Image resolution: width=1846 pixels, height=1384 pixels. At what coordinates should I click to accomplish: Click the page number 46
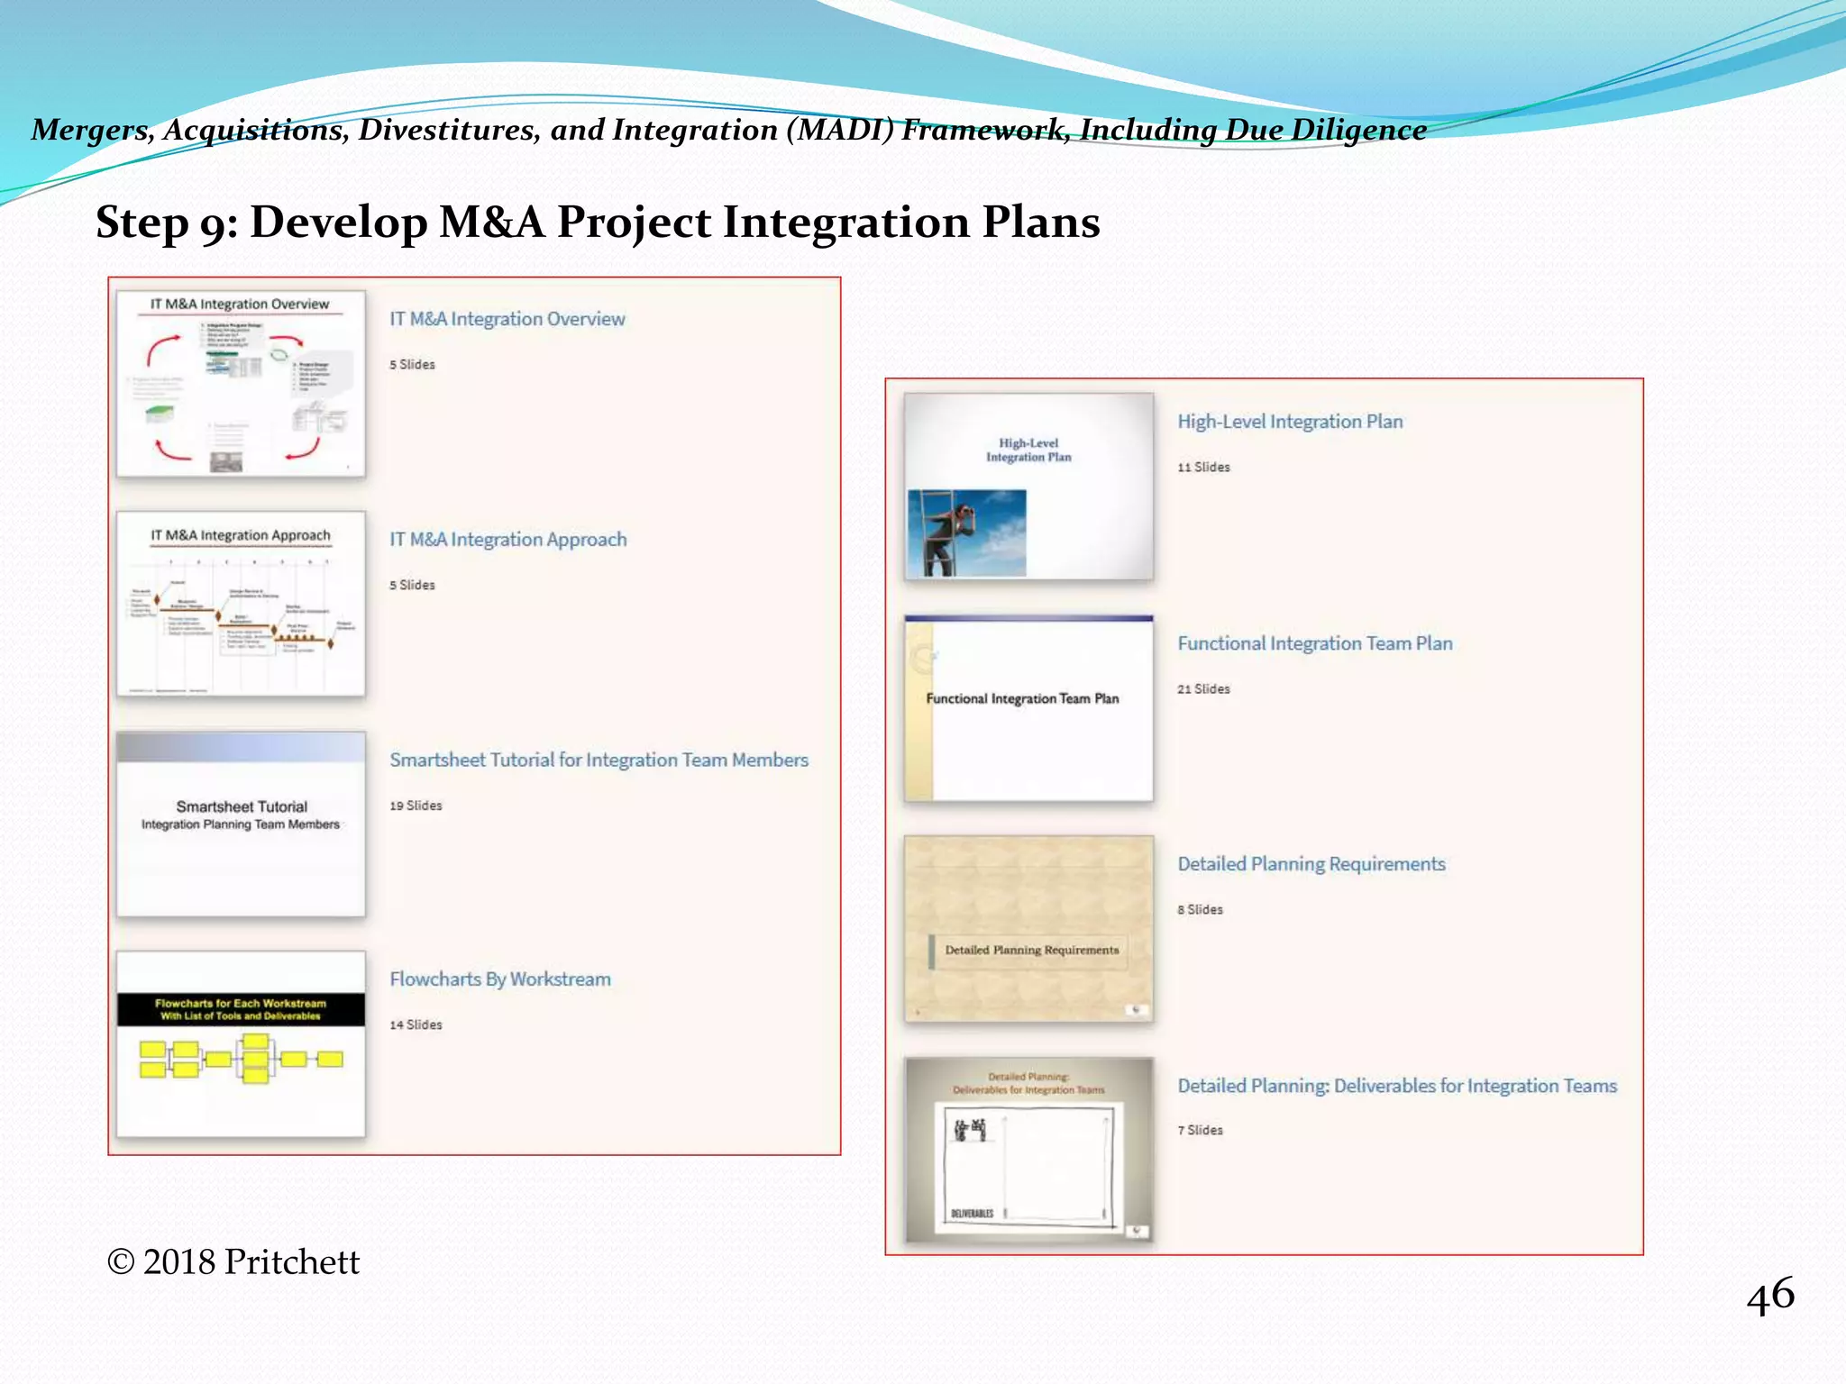1770,1296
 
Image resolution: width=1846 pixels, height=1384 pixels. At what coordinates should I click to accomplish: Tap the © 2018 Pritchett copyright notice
233,1262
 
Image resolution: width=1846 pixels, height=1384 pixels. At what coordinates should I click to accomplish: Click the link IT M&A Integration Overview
507,319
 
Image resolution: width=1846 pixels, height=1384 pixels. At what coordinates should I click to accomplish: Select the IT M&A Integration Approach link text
507,540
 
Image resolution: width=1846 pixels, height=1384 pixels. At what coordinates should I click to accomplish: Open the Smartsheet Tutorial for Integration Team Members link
599,760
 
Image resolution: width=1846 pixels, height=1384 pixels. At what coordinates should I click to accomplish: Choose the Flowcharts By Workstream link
499,979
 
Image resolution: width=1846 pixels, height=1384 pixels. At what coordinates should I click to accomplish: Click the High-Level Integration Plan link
1290,422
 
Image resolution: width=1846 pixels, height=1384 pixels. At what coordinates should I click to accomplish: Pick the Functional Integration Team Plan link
1314,643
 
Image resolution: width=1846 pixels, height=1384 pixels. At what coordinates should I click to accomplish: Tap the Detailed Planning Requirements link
1311,864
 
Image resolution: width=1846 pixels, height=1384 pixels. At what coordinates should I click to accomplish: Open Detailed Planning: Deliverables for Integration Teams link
1396,1086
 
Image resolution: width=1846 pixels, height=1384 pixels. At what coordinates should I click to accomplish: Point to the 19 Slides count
416,806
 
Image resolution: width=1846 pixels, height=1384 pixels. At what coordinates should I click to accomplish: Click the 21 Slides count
1203,689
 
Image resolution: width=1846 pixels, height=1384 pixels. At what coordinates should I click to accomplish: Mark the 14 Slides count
416,1025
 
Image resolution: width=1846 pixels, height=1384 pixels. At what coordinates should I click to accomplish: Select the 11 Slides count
1203,468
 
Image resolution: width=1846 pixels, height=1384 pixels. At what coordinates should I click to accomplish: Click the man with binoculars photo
966,533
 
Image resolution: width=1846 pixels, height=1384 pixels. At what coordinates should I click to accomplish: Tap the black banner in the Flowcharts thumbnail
241,1009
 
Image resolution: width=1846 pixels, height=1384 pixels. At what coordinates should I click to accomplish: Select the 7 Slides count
1200,1131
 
